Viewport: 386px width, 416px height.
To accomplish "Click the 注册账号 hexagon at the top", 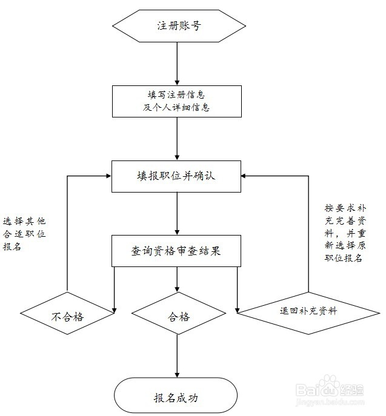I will (178, 27).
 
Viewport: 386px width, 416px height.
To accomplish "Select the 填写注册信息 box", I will (176, 101).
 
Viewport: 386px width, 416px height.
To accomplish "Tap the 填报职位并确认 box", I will (176, 176).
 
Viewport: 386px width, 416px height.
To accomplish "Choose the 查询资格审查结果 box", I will (176, 251).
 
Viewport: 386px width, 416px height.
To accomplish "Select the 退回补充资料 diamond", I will (308, 311).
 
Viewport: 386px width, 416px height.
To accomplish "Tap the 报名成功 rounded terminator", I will (176, 398).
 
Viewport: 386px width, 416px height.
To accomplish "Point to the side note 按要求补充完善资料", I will (344, 233).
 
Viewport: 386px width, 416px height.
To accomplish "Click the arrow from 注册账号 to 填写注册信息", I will (176, 63).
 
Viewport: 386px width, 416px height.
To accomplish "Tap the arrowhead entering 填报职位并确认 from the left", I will (107, 176).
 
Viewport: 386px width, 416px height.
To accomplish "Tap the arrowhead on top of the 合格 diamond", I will (176, 290).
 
